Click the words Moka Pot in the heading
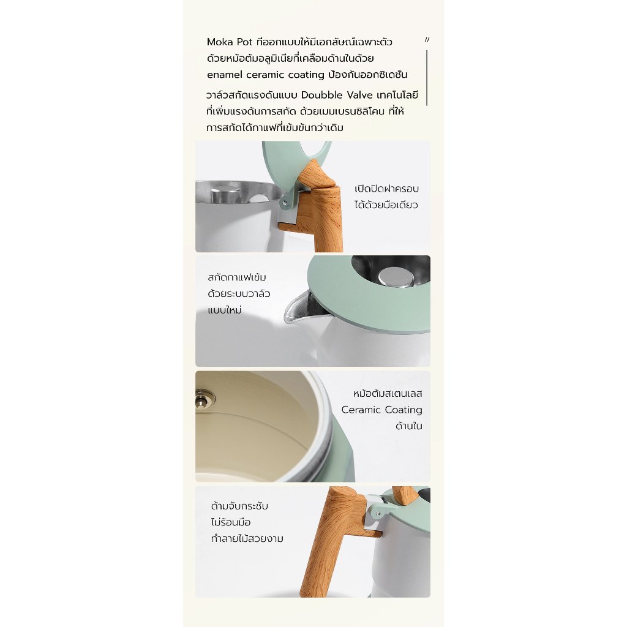click(230, 42)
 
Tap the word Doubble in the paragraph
click(322, 95)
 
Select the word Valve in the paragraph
click(360, 95)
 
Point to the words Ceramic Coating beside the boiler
click(382, 410)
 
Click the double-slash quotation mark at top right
click(427, 40)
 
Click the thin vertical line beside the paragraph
click(427, 78)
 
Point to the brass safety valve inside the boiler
click(204, 399)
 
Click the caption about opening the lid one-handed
click(386, 197)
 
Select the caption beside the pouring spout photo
click(239, 293)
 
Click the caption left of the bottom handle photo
click(247, 522)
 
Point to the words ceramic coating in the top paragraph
click(285, 75)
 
